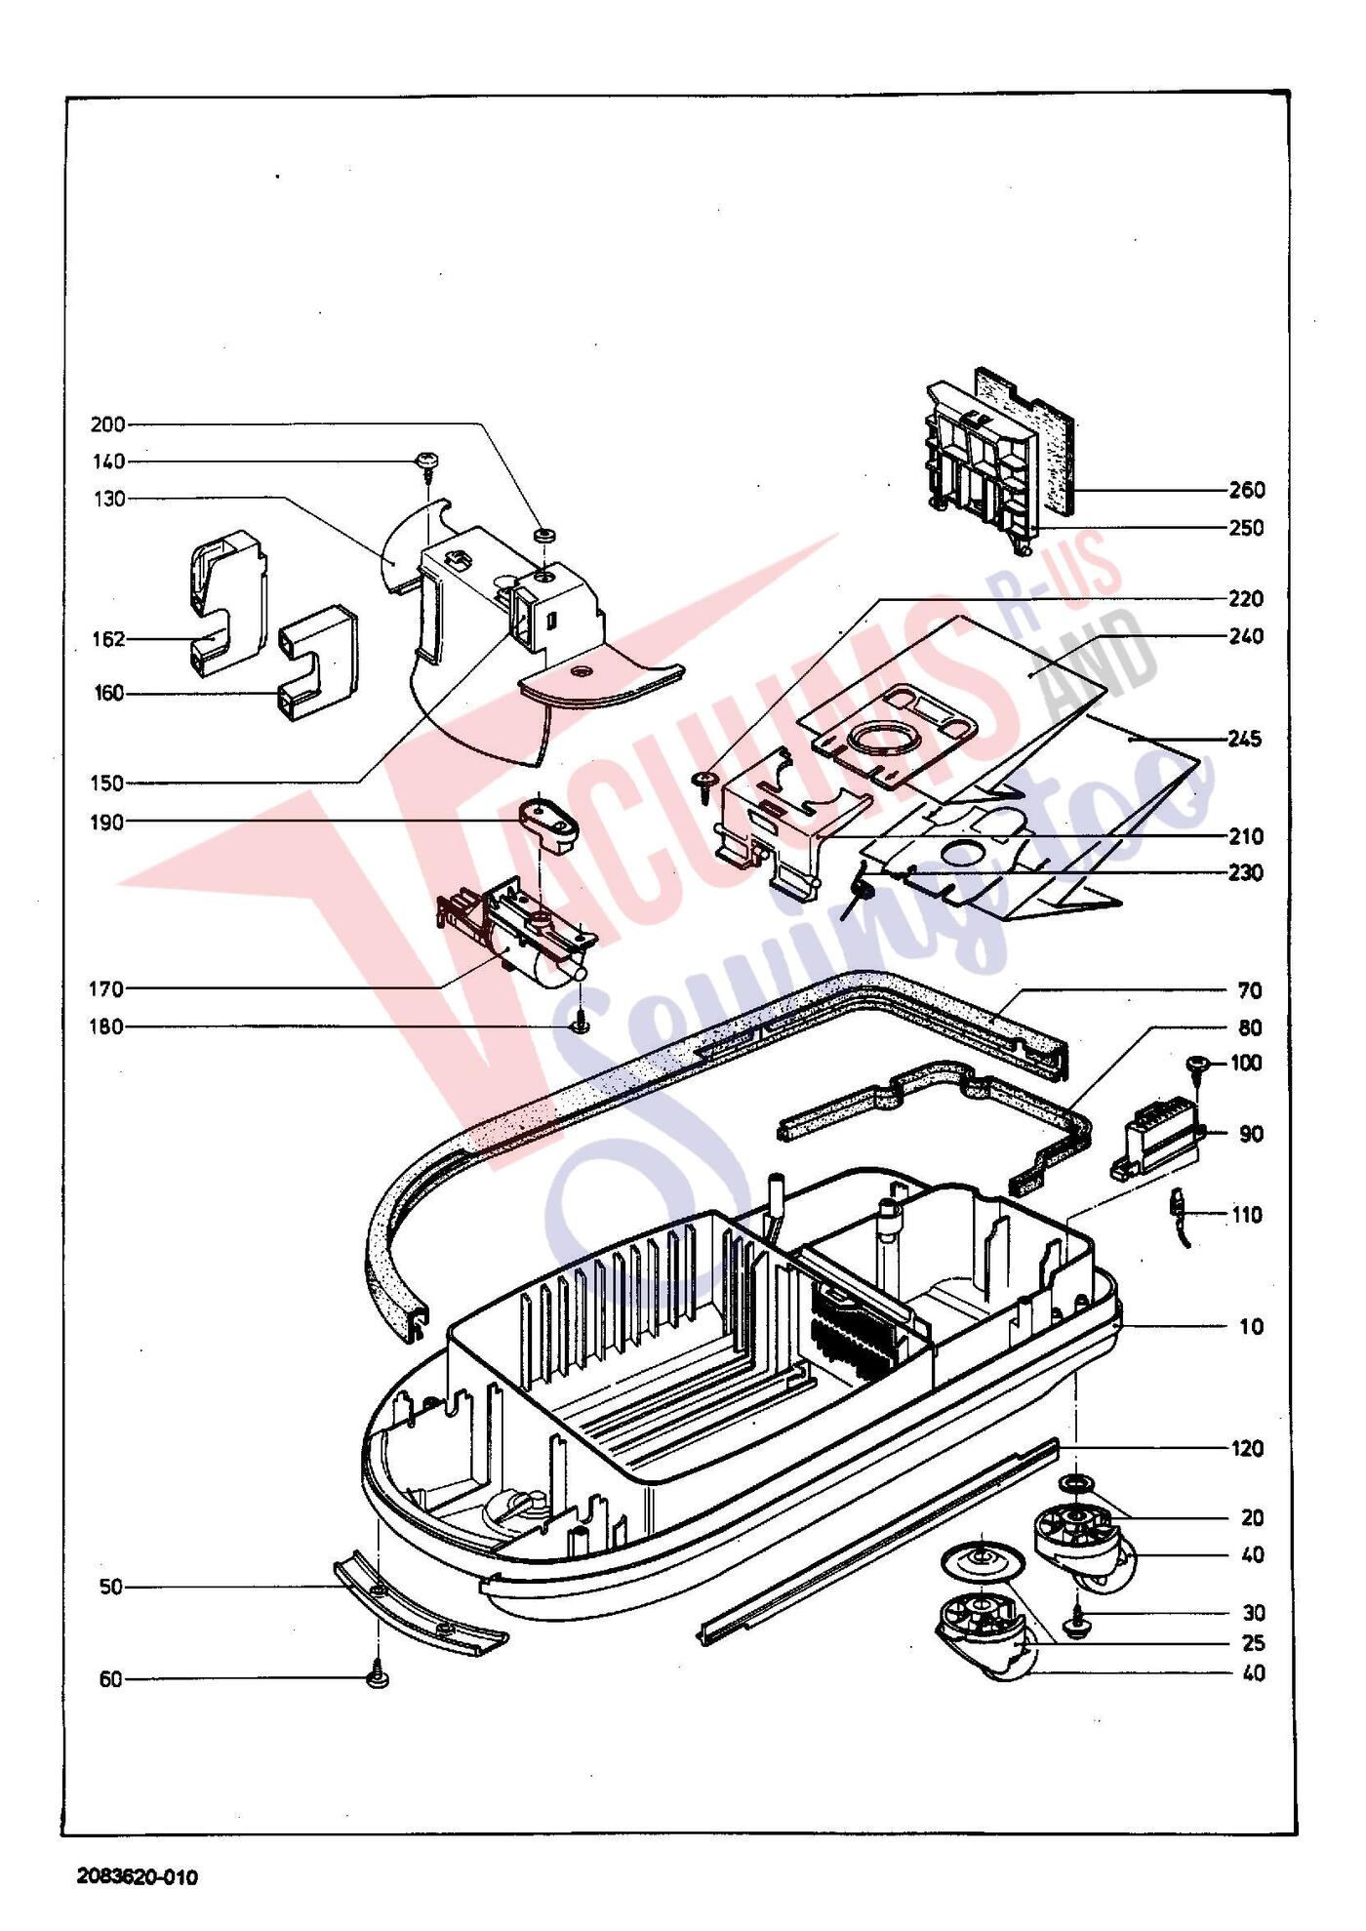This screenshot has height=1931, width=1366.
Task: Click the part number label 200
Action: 107,424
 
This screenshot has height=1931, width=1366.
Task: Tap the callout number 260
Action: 1247,490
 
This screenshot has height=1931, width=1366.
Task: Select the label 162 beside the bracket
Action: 107,639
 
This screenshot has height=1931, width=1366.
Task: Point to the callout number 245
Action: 1245,739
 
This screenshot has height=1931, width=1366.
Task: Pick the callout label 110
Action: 1246,1215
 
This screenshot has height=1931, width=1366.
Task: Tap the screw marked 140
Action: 426,463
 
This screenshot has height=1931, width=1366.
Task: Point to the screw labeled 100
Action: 1197,1066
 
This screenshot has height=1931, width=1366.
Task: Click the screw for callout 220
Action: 704,783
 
